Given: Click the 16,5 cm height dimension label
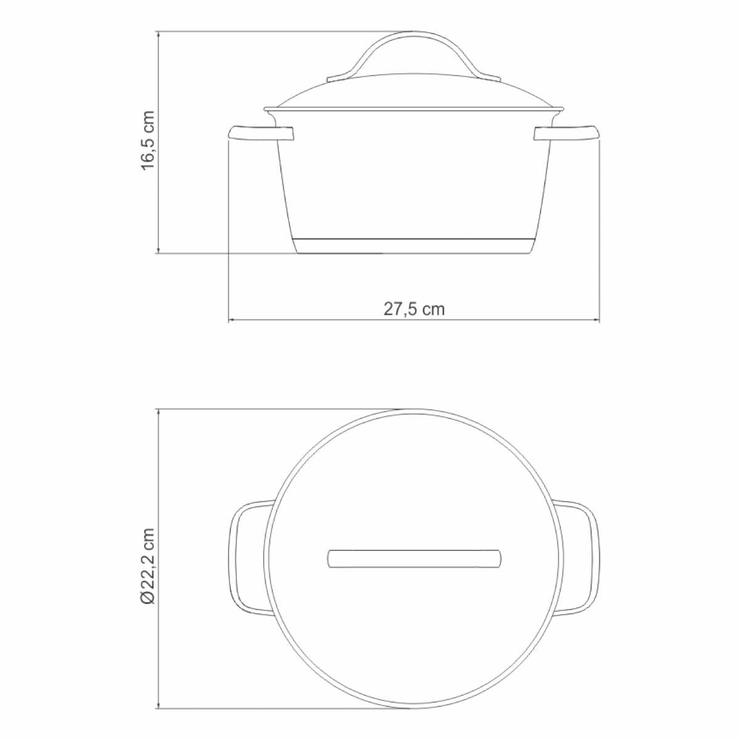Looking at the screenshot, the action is tap(148, 140).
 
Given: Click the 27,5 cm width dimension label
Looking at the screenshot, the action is tap(414, 309).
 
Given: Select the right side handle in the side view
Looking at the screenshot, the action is tap(567, 133).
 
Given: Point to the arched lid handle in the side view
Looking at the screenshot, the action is tap(414, 35).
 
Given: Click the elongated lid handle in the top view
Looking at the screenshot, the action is tap(414, 564).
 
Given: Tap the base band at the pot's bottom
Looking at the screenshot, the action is tap(414, 246).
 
